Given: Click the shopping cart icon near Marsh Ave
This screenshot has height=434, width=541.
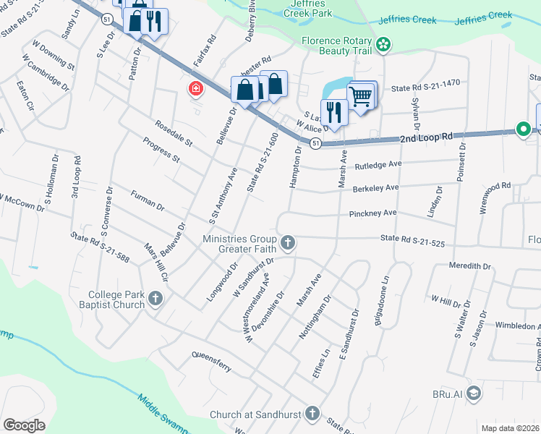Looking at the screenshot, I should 359,95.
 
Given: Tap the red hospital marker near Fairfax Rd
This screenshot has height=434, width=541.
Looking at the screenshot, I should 195,89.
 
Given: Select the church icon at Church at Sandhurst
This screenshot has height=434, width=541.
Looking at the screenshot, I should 312,414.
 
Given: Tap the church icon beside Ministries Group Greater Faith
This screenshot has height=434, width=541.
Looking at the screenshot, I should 288,242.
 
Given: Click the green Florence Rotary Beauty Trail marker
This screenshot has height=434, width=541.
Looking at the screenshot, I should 383,46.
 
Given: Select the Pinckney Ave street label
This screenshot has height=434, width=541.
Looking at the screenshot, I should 373,213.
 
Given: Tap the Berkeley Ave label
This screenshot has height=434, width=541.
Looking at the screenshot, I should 375,187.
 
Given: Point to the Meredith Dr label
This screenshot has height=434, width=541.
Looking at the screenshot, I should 469,266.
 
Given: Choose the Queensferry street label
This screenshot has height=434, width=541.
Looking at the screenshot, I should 211,362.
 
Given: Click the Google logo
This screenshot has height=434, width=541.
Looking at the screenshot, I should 24,425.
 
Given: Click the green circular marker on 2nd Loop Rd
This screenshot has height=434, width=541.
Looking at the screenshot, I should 522,129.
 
